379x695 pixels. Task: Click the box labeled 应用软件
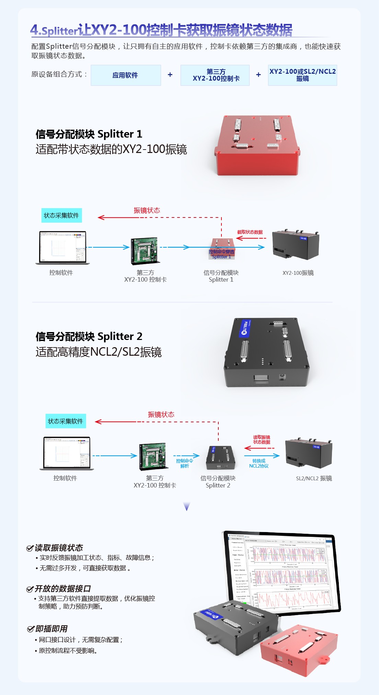[x=126, y=75]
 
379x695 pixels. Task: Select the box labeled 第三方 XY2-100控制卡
[x=215, y=75]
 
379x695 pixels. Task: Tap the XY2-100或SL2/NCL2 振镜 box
[x=302, y=75]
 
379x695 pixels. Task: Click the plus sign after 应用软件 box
[x=170, y=75]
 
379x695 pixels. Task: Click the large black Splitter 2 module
[x=266, y=353]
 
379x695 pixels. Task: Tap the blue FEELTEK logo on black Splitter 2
[x=245, y=328]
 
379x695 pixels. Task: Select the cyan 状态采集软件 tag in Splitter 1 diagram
[x=61, y=215]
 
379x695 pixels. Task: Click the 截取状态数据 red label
[x=250, y=232]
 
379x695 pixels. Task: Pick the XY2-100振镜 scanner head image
[x=296, y=245]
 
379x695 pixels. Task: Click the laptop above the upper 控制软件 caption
[x=62, y=248]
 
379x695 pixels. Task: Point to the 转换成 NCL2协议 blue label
[x=259, y=463]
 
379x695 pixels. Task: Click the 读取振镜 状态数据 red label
[x=262, y=439]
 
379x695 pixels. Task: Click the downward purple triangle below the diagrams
[x=187, y=506]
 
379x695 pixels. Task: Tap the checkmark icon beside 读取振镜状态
[x=30, y=548]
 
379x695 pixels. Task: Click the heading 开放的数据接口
[x=62, y=589]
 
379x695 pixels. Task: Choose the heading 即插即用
[x=51, y=629]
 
